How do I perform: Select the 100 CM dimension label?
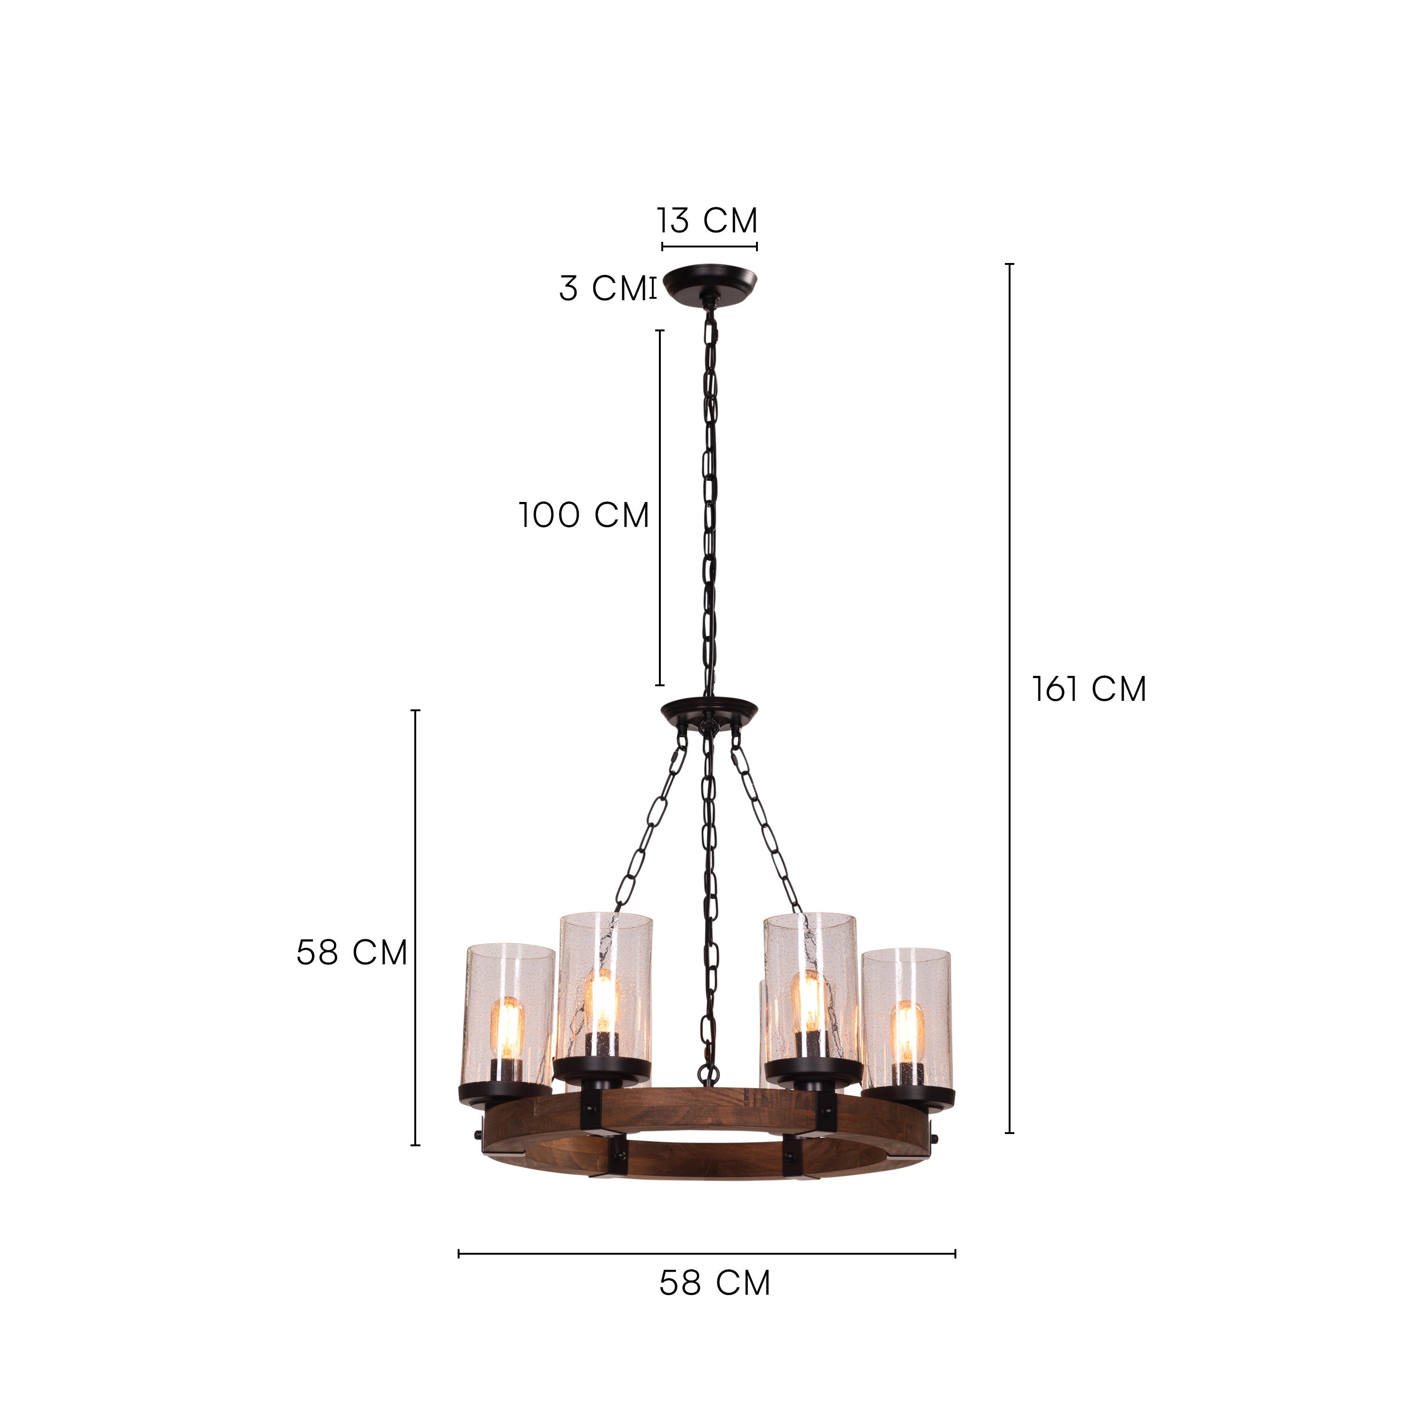coord(584,515)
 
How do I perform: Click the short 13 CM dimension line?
coord(709,246)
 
